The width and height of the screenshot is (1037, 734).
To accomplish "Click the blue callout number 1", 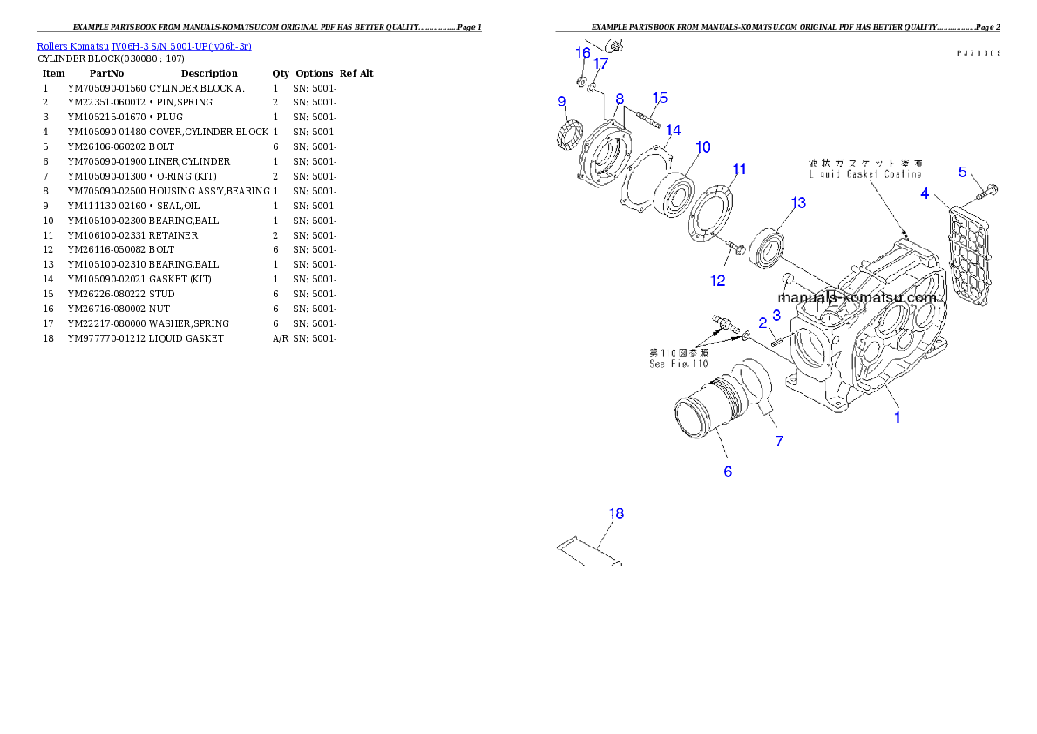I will (x=896, y=417).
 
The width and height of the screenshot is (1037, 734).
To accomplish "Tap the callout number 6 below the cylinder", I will (x=728, y=472).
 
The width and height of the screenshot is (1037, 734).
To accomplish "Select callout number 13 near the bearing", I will (x=798, y=203).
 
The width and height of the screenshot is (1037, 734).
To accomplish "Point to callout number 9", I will (x=561, y=102).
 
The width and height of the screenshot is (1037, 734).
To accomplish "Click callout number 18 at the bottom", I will (x=616, y=513).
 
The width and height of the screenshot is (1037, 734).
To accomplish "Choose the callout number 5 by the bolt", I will (x=963, y=172).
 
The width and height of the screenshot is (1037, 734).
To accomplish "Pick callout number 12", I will (x=717, y=280).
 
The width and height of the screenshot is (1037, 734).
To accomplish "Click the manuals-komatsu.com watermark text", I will (x=857, y=297).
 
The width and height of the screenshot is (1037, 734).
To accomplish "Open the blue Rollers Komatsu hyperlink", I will (x=144, y=46).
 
